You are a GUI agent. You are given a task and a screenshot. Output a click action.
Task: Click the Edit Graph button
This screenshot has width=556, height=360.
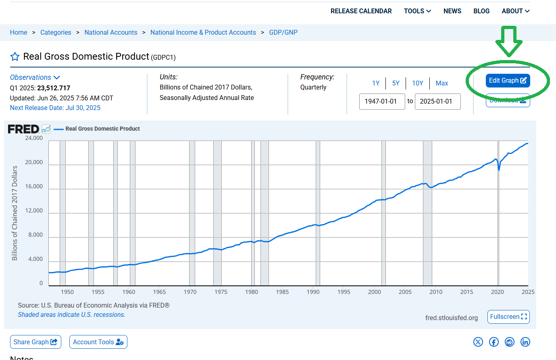click(x=508, y=81)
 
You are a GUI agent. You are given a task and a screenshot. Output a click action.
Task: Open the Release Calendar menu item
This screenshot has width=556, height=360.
click(x=361, y=11)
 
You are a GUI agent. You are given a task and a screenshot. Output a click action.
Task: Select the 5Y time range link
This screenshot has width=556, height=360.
click(x=396, y=83)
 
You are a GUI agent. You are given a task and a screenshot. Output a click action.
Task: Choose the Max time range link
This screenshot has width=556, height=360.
click(x=441, y=83)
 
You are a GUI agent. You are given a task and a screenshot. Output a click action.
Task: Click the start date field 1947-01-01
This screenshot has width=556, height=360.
click(x=381, y=102)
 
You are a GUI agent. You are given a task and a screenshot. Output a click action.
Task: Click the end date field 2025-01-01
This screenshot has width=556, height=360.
click(x=437, y=102)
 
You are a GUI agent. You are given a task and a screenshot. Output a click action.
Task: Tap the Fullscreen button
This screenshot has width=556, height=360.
click(x=508, y=317)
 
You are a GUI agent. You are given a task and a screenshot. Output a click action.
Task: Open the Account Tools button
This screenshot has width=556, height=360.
click(x=98, y=342)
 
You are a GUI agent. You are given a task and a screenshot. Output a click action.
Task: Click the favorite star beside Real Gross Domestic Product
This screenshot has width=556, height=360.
click(x=15, y=57)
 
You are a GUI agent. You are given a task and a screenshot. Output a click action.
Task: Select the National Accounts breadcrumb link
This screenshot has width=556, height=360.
click(x=111, y=33)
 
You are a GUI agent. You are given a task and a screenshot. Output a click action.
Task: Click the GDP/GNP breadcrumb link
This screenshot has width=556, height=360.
click(x=283, y=33)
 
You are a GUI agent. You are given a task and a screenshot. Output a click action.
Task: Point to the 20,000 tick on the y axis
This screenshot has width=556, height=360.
click(x=34, y=162)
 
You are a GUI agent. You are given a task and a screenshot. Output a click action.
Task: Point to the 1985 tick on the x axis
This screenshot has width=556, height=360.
click(x=282, y=292)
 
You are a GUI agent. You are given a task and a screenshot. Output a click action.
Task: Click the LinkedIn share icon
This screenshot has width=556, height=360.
click(x=525, y=342)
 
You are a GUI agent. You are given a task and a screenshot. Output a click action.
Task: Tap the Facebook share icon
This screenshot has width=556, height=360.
click(x=494, y=342)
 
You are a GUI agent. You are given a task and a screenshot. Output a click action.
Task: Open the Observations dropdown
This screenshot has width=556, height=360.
click(x=35, y=77)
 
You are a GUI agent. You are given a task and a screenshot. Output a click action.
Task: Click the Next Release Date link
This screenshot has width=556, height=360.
click(x=55, y=108)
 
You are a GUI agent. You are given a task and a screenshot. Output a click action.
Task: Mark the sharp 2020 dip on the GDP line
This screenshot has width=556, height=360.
click(x=499, y=169)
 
